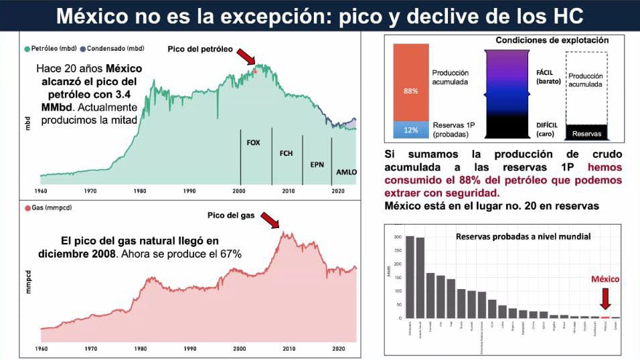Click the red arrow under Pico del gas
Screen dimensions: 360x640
point(270,221)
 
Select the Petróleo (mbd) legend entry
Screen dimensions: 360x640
point(52,49)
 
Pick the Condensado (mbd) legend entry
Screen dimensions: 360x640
point(114,49)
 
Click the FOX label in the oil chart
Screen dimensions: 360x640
point(254,143)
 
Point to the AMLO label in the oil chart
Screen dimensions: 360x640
point(346,172)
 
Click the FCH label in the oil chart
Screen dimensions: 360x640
point(286,153)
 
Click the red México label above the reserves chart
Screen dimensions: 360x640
point(605,278)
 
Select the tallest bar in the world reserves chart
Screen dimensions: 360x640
point(410,276)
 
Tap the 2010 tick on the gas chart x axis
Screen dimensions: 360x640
point(289,349)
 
